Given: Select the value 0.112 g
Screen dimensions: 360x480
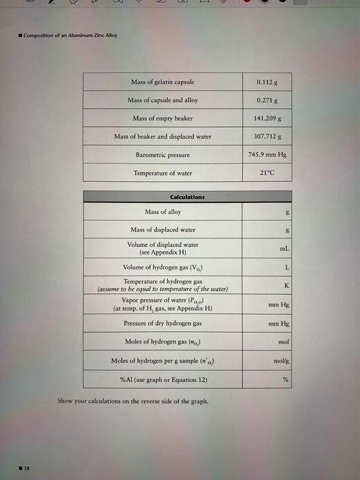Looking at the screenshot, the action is point(267,82).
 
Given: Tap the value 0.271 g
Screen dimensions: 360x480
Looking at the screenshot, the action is point(267,100).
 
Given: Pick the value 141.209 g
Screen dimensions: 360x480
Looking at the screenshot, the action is point(267,118).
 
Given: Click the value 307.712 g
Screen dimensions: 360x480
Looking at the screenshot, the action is point(267,136).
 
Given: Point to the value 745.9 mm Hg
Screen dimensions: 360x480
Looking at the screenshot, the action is point(267,154).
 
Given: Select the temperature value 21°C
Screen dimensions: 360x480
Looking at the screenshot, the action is point(267,172).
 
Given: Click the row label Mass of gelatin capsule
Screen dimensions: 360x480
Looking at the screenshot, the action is point(163,82).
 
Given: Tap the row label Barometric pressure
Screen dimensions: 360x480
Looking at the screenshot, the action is point(163,154).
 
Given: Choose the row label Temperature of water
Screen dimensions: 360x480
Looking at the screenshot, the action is point(163,173).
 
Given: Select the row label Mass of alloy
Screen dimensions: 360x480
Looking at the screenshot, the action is point(163,212).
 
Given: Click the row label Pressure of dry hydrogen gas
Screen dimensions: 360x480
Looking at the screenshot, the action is point(163,322).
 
